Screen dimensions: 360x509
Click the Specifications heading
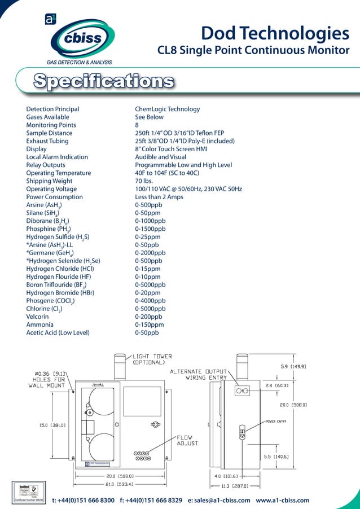(x=103, y=81)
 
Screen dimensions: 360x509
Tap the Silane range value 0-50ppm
(x=148, y=213)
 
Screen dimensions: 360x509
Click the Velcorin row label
(x=39, y=317)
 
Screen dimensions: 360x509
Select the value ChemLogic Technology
(x=167, y=109)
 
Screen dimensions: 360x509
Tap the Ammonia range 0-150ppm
(x=150, y=325)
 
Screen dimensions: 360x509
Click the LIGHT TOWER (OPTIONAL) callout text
(x=152, y=359)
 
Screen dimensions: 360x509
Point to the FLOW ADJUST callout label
(x=188, y=441)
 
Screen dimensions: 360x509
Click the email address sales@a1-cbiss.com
(x=219, y=501)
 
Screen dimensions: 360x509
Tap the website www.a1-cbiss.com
(x=282, y=501)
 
